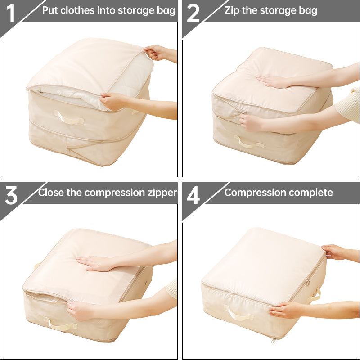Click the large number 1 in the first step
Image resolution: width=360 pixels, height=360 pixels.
(11, 13)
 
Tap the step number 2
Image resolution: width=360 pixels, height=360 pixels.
(193, 13)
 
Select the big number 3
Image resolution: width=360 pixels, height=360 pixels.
(11, 195)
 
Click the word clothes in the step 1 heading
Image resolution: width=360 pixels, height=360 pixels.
(78, 10)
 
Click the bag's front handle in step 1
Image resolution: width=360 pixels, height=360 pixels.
(68, 118)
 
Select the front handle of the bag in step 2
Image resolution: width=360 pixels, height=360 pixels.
(249, 144)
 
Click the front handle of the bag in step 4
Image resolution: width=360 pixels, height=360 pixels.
(238, 313)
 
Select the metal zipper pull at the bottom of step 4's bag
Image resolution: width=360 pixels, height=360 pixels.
(273, 340)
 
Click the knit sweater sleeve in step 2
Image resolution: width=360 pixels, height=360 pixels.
(348, 105)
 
